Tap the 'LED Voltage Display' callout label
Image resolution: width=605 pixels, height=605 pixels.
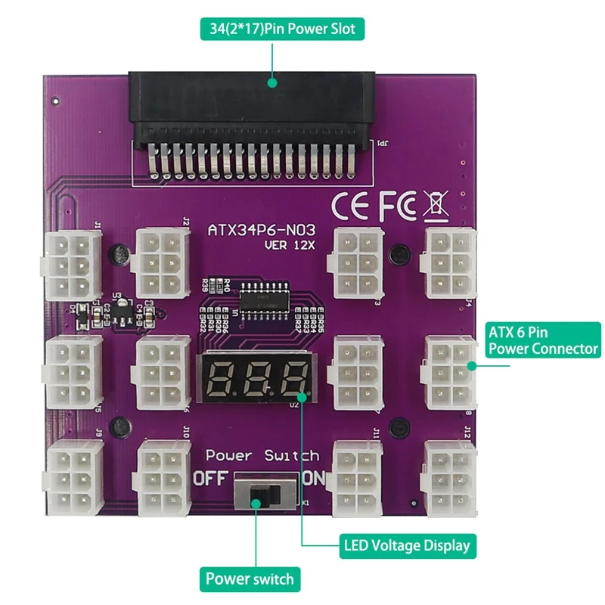(407, 545)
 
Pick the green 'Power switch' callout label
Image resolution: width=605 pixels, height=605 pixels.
(250, 580)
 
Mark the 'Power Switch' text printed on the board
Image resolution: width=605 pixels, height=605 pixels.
(262, 456)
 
